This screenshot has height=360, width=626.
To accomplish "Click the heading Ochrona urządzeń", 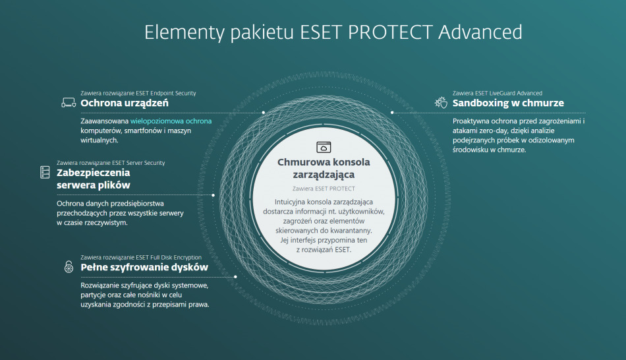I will (125, 103).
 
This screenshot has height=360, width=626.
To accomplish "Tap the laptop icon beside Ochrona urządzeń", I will (69, 102).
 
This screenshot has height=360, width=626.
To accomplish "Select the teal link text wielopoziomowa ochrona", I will (171, 121).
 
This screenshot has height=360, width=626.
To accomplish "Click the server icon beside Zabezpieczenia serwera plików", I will (45, 173).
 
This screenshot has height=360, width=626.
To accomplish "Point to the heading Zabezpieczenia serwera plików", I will (93, 179).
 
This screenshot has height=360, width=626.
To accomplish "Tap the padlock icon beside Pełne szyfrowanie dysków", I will (69, 266).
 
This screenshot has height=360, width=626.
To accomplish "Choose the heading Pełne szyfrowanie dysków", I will (144, 267).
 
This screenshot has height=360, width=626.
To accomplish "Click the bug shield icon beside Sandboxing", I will (440, 102).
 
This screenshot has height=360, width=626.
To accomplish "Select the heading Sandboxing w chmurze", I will (508, 103).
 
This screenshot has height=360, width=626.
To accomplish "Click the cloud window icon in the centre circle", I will (324, 147).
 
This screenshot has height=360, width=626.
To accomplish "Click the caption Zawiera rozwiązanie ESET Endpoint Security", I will (138, 93).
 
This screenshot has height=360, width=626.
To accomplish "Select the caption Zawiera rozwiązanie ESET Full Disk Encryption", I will (141, 257).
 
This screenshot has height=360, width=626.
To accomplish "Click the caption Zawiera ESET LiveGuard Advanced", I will (498, 93).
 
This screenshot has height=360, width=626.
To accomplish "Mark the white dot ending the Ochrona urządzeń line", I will (264, 113).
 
